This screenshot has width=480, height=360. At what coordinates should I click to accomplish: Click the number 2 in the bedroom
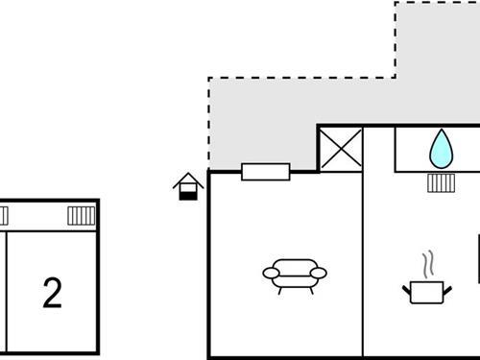[52, 294]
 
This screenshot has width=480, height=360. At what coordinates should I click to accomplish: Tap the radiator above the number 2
[81, 216]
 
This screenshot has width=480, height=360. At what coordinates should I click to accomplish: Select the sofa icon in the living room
[295, 274]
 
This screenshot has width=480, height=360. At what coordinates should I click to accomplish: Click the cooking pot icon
[426, 291]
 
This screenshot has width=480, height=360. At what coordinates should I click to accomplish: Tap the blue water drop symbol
[441, 149]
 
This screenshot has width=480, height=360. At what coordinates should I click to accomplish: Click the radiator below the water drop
[441, 181]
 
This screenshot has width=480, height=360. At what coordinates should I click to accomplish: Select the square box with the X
[341, 149]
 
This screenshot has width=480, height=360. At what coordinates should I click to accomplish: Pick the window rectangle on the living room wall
[266, 172]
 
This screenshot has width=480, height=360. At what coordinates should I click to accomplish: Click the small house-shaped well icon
[188, 186]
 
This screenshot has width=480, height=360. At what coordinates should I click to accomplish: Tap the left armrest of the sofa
[270, 274]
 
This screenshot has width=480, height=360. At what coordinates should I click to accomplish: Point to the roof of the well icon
[188, 179]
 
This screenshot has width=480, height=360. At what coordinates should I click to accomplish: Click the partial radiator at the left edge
[3, 216]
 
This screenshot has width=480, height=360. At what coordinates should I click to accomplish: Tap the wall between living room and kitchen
[363, 278]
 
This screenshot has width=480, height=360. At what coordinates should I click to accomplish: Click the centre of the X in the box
[341, 149]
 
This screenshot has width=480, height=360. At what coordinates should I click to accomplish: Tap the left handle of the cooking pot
[407, 286]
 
